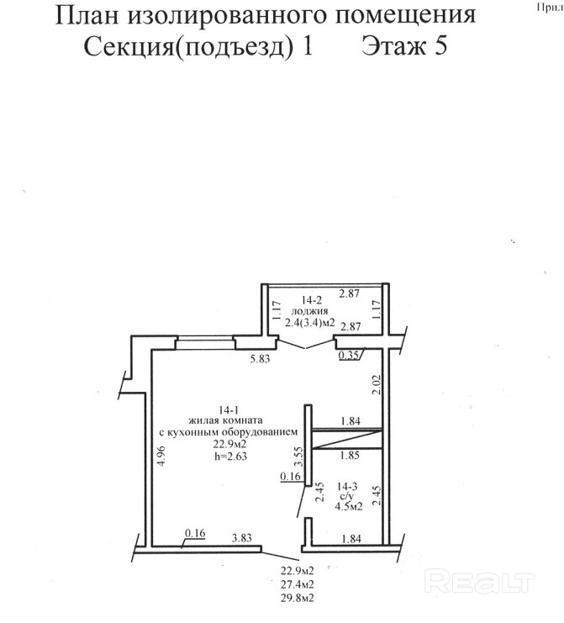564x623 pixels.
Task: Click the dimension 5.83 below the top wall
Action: (x=261, y=358)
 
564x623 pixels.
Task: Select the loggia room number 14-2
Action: (x=311, y=301)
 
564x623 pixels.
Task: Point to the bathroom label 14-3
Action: (x=347, y=486)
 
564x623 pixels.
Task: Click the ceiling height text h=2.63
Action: (x=231, y=456)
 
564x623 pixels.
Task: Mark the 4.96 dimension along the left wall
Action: (x=161, y=456)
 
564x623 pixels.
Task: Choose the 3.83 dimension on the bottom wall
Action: (x=242, y=538)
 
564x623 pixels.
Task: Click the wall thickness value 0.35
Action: (x=348, y=355)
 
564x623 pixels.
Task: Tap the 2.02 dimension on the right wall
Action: (x=377, y=384)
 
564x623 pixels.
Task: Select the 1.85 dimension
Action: (x=350, y=456)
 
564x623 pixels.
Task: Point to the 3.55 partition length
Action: (x=300, y=457)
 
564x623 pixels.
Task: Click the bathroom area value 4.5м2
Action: (x=349, y=507)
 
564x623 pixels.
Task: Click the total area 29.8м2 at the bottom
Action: (x=297, y=598)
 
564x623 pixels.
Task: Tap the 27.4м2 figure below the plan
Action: (x=297, y=584)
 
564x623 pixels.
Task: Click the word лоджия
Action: (x=310, y=311)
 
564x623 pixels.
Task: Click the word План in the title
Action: (x=87, y=15)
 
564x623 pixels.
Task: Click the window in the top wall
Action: (x=205, y=343)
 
